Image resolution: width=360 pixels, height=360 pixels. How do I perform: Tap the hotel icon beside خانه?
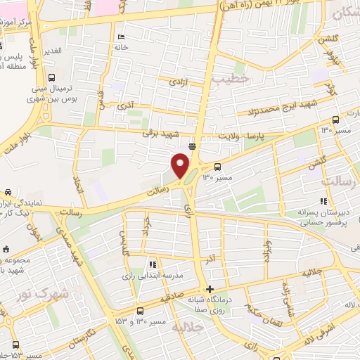pos(122,37)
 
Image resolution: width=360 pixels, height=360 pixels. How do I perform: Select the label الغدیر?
pos(52,51)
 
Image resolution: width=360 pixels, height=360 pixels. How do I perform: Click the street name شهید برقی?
pos(161,133)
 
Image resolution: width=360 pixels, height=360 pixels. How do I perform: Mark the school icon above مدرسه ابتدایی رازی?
pos(152,264)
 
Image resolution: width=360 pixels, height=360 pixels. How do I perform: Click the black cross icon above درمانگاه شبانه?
pos(210,290)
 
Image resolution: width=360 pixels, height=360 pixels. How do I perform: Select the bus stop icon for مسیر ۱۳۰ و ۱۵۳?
pos(140,310)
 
